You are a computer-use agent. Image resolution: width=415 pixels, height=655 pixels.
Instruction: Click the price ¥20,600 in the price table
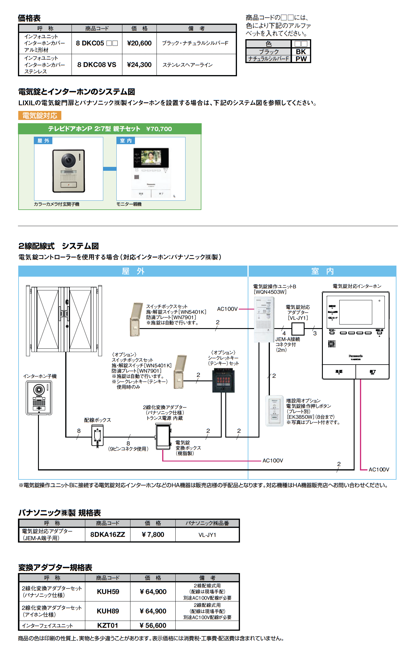139,43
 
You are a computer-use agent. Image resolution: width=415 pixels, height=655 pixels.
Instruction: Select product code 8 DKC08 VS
97,65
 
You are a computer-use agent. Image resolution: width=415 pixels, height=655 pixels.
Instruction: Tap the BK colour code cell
301,52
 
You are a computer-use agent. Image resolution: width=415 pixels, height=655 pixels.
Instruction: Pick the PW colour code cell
301,59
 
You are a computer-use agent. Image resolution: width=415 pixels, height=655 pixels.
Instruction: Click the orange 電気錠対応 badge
40,116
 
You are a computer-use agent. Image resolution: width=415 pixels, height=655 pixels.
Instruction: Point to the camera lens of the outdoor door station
69,160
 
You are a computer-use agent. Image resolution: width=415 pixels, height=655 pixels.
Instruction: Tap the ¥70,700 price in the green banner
159,129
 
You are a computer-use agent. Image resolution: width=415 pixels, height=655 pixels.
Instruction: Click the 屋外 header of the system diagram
133,271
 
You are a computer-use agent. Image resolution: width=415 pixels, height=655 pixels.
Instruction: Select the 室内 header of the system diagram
322,271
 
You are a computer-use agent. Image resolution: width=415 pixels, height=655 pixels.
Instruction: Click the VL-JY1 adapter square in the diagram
298,329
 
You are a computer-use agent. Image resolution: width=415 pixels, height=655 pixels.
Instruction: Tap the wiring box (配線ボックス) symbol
97,435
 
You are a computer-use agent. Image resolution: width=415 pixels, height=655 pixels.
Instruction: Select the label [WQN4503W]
270,292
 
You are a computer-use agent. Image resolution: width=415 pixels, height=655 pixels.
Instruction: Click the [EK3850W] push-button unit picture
274,411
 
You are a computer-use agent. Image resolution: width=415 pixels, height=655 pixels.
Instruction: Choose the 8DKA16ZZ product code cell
108,534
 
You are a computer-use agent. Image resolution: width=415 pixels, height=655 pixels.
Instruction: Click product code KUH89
108,611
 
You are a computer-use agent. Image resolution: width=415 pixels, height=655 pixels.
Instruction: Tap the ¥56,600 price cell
153,625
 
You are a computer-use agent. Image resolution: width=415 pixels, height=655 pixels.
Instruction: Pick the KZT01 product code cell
108,625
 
